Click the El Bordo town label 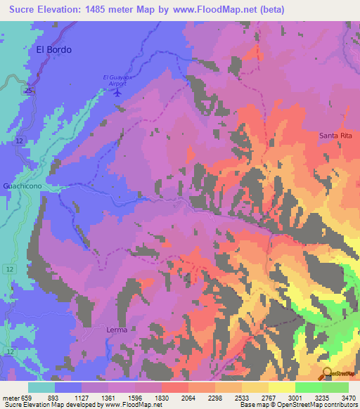coord(53,50)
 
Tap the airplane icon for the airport coord(117,91)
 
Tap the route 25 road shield coord(27,91)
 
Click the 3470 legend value coord(349,398)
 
